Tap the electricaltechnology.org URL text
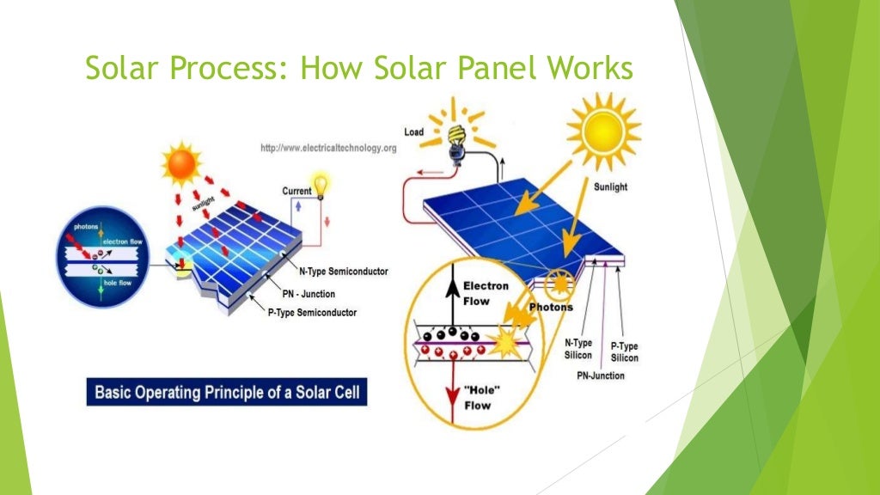tap(328, 149)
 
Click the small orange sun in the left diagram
tap(181, 165)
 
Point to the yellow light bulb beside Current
tap(322, 185)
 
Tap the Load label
tap(413, 131)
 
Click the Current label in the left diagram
tap(297, 191)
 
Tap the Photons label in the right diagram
tap(551, 307)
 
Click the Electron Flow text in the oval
tap(486, 294)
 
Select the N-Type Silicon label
tap(578, 349)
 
